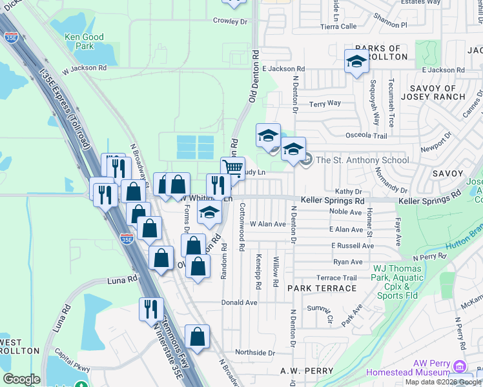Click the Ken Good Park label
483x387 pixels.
tap(84, 41)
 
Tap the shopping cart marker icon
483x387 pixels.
tap(233, 168)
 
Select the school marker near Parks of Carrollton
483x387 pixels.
tap(356, 61)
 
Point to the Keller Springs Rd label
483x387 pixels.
tap(336, 201)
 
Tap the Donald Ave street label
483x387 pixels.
tap(239, 303)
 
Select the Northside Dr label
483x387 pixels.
tap(255, 353)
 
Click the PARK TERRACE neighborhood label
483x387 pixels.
tap(322, 288)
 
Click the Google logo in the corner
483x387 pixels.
tap(21, 379)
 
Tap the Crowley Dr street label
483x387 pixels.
tap(231, 21)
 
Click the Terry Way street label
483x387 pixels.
tap(325, 103)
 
